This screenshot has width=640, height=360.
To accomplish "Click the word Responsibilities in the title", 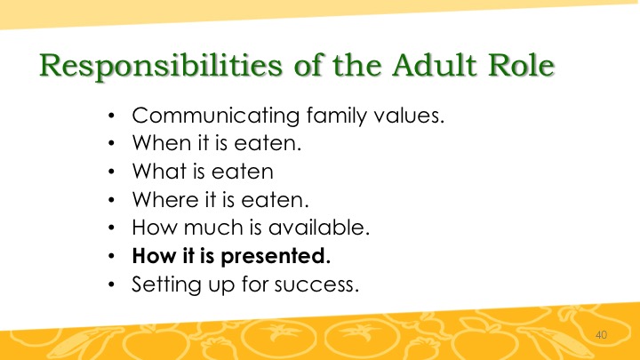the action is tap(161, 66).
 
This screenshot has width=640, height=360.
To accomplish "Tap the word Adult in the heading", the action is tap(435, 65).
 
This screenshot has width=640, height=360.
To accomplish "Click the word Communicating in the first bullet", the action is tap(216, 116).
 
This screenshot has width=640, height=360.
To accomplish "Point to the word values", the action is tap(409, 115).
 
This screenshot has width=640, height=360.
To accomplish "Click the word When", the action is tap(162, 143).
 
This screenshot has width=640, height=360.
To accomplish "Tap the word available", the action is tap(319, 227).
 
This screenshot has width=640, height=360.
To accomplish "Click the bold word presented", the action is tap(276, 257).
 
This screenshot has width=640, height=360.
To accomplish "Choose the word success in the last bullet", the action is tap(316, 285).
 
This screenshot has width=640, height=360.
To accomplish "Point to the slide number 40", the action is tap(601, 335).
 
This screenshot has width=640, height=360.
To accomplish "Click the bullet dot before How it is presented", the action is tap(112, 256).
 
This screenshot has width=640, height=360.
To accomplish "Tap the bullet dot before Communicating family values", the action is tap(112, 116).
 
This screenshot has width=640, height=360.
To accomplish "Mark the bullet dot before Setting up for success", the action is tap(112, 284).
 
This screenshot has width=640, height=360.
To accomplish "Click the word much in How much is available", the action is tap(213, 227).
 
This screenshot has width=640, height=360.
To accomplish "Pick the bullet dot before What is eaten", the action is tap(112, 172).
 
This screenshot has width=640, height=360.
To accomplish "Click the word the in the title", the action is tap(357, 65).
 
